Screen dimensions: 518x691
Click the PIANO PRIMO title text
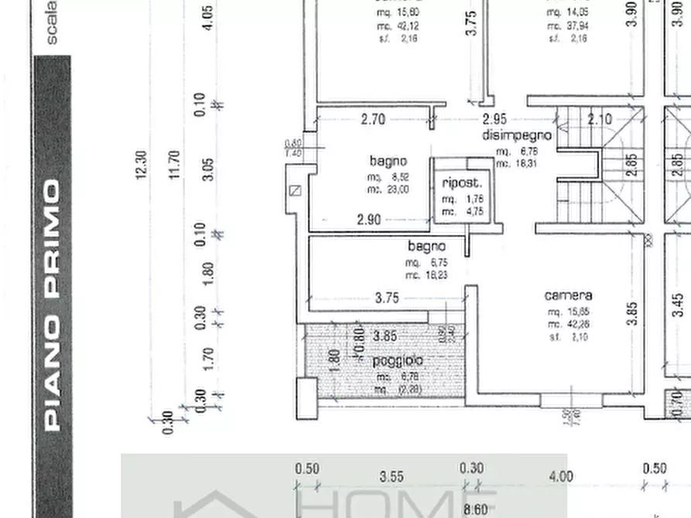(x=53, y=305)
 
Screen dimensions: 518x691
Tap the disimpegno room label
(x=517, y=135)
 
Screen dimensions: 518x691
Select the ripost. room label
(x=462, y=183)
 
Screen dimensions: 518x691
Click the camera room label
(x=568, y=295)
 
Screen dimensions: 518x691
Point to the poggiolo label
(x=397, y=361)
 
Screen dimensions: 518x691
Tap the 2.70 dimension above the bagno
(x=373, y=119)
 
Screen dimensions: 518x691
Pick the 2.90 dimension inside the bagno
(x=369, y=220)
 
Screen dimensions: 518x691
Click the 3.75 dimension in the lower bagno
(x=386, y=298)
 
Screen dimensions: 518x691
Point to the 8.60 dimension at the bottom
(x=475, y=509)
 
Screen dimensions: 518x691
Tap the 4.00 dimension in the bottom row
(x=560, y=477)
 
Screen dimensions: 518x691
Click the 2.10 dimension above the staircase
(x=600, y=119)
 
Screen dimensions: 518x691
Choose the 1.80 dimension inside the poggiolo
(x=335, y=362)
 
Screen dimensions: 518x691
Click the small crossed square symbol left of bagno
(x=293, y=191)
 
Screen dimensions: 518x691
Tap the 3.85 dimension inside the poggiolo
(x=385, y=336)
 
